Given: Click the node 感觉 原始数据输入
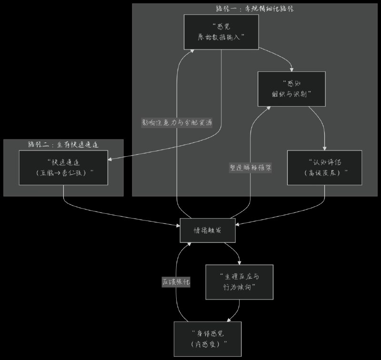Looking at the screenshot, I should [x=221, y=32].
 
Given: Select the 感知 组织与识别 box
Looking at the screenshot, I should [x=291, y=89].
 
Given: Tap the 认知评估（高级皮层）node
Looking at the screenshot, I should [x=325, y=167].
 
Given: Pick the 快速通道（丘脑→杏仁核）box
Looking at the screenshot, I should [x=64, y=167].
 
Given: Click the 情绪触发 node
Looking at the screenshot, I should [x=208, y=230].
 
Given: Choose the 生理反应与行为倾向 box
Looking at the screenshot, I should [x=239, y=282].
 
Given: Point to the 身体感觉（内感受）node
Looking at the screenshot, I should [x=208, y=339].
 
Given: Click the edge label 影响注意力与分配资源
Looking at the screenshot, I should [x=177, y=122].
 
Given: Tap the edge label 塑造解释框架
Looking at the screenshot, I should [x=251, y=168].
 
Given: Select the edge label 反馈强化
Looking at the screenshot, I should [x=176, y=282].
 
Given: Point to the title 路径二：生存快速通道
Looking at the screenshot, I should [x=64, y=144].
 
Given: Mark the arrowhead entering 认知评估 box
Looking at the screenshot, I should [x=325, y=149].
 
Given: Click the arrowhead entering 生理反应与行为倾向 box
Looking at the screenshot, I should [x=240, y=263].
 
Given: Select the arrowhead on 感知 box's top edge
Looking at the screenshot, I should [x=291, y=70].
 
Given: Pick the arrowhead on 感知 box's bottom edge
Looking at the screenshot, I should [x=270, y=108].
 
